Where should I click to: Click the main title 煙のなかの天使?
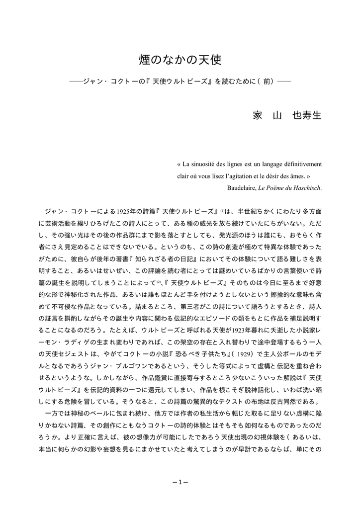180,60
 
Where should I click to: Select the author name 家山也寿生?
287,115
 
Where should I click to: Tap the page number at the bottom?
180,481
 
